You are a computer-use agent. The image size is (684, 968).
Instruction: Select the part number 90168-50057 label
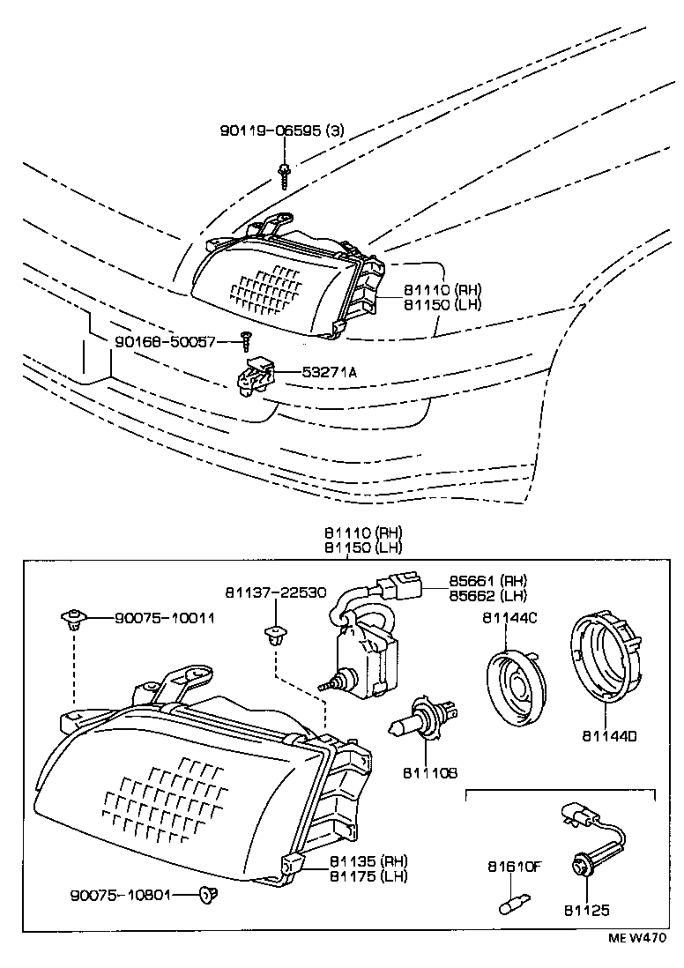165,341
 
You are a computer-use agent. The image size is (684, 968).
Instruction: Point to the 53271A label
328,372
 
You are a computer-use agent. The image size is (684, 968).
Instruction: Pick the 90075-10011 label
164,618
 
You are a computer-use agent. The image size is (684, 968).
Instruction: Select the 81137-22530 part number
275,592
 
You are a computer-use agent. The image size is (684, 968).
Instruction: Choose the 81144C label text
509,618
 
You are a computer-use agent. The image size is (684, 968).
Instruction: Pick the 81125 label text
587,910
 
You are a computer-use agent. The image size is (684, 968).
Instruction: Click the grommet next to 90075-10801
209,896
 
